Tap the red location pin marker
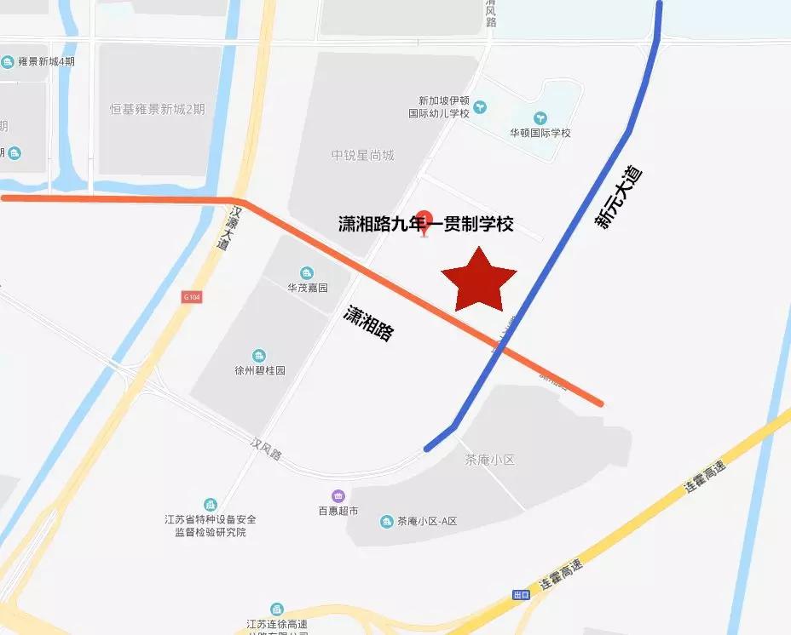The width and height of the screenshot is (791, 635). pyautogui.click(x=424, y=222)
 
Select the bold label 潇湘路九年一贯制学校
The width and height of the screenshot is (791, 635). pyautogui.click(x=426, y=224)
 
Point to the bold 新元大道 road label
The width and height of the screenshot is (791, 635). pyautogui.click(x=618, y=197)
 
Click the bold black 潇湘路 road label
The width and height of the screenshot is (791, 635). pyautogui.click(x=369, y=323)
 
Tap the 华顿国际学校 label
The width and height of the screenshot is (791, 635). pyautogui.click(x=540, y=133)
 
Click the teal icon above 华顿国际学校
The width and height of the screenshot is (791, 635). pyautogui.click(x=540, y=117)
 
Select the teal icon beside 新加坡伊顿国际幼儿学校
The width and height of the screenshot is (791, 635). pyautogui.click(x=482, y=106)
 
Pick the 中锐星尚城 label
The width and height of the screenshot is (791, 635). pyautogui.click(x=363, y=156)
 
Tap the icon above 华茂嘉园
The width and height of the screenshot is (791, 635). pyautogui.click(x=307, y=272)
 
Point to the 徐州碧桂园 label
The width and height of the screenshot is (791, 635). pyautogui.click(x=259, y=371)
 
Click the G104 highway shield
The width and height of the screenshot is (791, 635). pyautogui.click(x=191, y=297)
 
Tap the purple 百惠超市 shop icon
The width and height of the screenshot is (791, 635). pyautogui.click(x=338, y=495)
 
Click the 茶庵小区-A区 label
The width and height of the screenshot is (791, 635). pyautogui.click(x=427, y=521)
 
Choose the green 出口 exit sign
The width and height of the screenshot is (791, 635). pyautogui.click(x=522, y=594)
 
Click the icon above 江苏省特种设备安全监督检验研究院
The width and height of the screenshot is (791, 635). pyautogui.click(x=210, y=505)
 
